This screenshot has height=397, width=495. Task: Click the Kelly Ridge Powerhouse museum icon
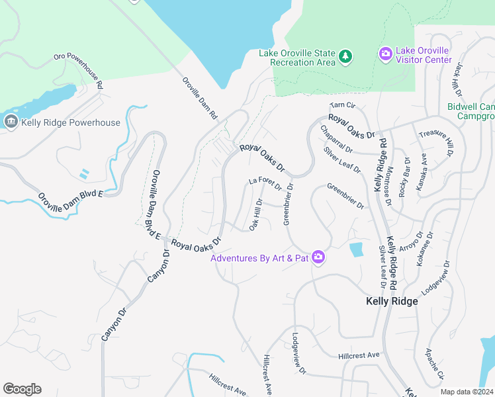(x=11, y=122)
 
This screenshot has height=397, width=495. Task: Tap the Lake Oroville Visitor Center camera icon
(x=385, y=55)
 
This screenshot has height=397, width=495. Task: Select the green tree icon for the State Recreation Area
(x=345, y=57)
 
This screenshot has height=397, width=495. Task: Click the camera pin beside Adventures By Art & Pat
(x=318, y=257)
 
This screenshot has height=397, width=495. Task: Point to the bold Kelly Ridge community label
(x=392, y=301)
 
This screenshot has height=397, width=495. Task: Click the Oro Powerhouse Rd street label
(x=79, y=71)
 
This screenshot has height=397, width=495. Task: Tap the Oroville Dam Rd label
(x=200, y=98)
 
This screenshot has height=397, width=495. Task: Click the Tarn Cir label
(x=343, y=105)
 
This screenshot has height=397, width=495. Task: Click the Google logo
(x=22, y=389)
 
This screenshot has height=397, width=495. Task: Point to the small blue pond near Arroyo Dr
(x=356, y=249)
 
